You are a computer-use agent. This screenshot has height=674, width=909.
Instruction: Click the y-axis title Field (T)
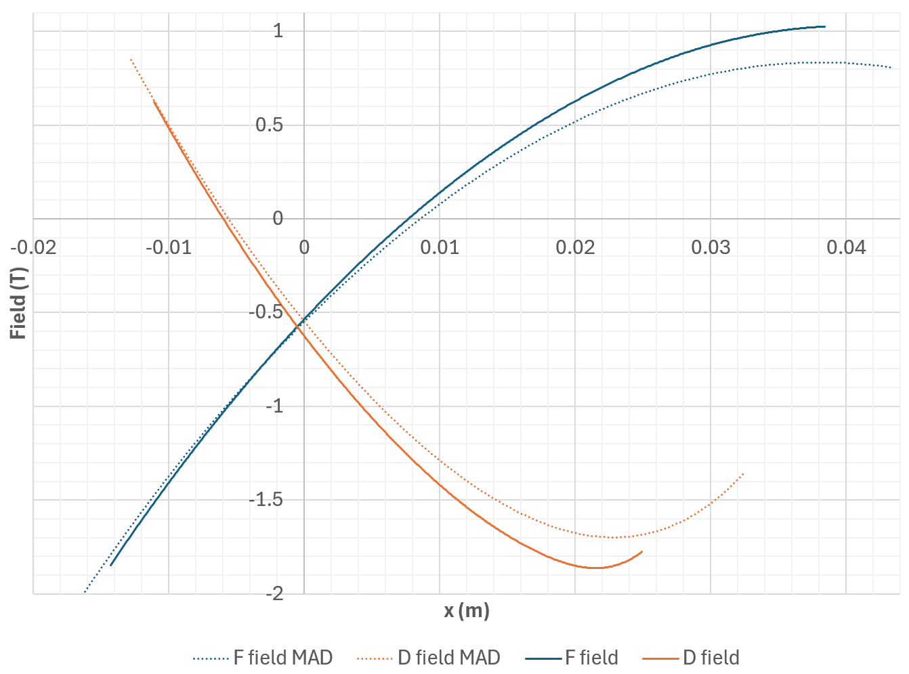pyautogui.click(x=18, y=303)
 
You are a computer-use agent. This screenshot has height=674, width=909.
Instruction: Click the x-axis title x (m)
pyautogui.click(x=467, y=611)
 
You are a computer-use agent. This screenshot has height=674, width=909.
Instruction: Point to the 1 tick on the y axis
pyautogui.click(x=278, y=31)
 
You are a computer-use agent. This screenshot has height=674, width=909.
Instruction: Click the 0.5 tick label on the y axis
pyautogui.click(x=270, y=125)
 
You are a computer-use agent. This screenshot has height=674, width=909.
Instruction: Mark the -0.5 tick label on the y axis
pyautogui.click(x=266, y=312)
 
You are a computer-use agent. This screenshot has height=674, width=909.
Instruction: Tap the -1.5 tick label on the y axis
pyautogui.click(x=266, y=500)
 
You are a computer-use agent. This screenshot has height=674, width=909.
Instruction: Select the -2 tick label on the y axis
pyautogui.click(x=274, y=594)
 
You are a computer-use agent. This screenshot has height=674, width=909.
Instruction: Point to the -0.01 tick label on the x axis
pyautogui.click(x=168, y=247)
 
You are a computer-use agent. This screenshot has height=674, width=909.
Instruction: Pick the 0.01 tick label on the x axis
pyautogui.click(x=440, y=247)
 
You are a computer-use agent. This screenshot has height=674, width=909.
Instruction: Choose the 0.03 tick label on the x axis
pyautogui.click(x=711, y=247)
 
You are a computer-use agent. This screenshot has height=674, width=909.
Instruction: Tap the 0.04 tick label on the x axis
pyautogui.click(x=846, y=247)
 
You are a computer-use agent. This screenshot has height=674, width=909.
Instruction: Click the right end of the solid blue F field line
pyautogui.click(x=824, y=26)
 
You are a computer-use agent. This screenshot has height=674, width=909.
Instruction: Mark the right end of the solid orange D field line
pyautogui.click(x=641, y=552)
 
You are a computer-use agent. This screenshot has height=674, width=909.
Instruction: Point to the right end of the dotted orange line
pyautogui.click(x=744, y=473)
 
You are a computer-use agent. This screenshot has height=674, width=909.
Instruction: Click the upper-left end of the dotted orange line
pyautogui.click(x=131, y=60)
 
